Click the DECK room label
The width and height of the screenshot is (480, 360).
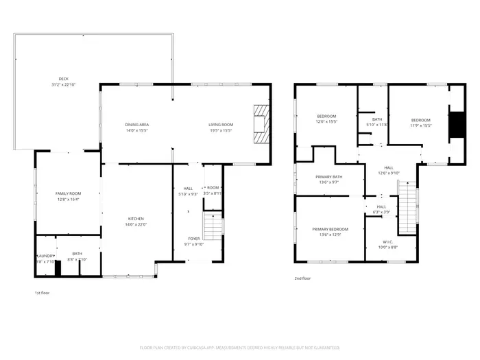point(63,78)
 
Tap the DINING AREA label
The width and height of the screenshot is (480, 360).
point(137,124)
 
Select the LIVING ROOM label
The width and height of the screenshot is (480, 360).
point(221,124)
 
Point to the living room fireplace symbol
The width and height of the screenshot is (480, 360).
point(261,124)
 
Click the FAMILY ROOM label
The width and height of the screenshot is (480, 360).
point(68,194)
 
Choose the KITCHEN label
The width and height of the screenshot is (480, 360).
point(135,219)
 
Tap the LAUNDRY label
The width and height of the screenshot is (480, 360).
point(45,254)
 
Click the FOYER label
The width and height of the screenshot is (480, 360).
point(195,239)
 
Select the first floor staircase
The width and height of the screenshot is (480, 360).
point(214,226)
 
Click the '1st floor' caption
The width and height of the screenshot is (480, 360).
point(43,293)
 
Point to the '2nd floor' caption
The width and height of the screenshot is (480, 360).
point(302,278)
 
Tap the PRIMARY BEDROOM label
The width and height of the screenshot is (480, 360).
point(330,229)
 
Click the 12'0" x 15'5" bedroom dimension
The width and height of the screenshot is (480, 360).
point(326,121)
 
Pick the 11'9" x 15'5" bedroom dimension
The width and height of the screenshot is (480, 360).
point(420,125)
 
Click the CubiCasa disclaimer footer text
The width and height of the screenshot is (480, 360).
point(239,348)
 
